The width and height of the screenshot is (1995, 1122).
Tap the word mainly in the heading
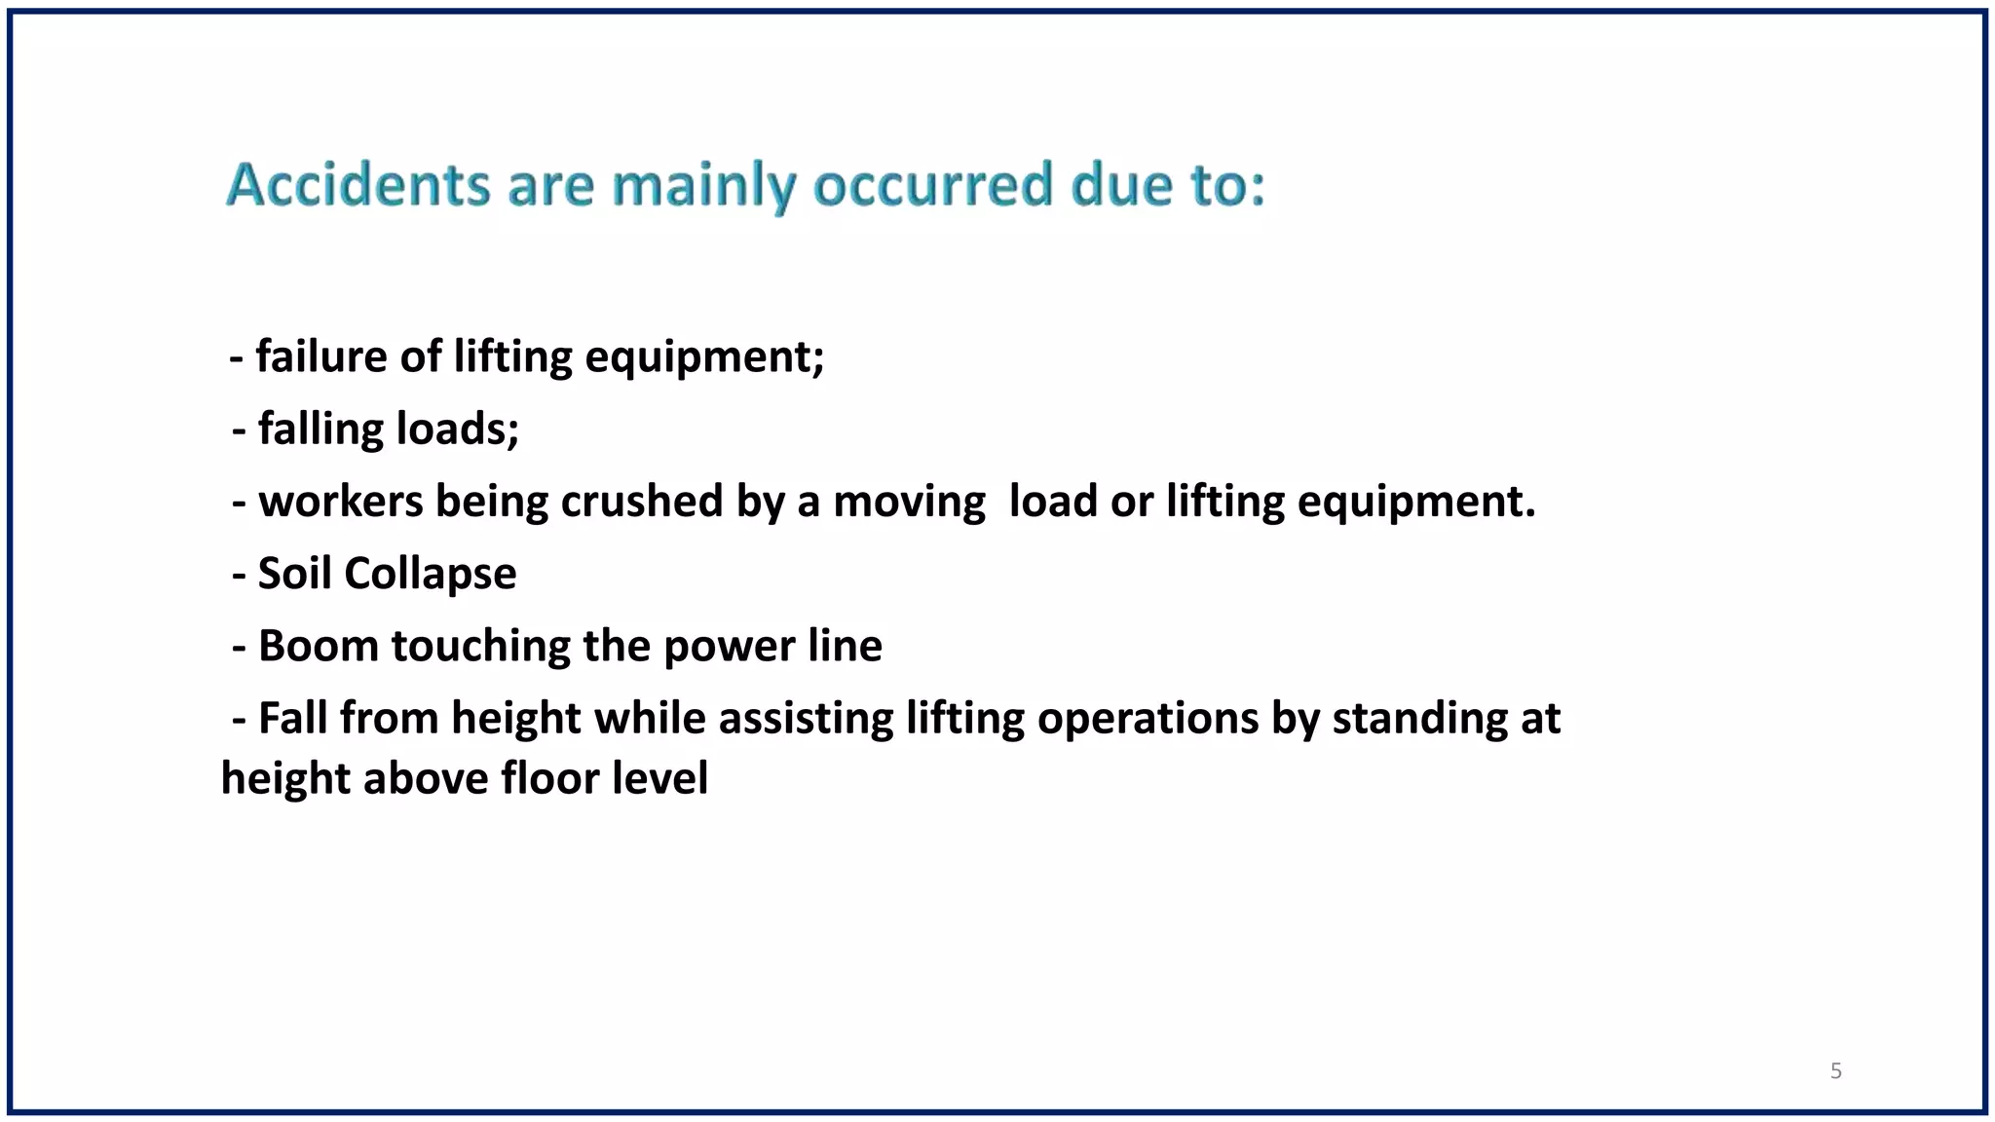[703, 186]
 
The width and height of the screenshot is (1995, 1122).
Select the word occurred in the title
[933, 184]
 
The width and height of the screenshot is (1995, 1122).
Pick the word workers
[341, 502]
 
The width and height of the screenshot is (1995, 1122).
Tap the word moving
[909, 502]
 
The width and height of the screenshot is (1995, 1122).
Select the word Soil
[294, 574]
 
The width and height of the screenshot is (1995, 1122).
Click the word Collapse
[430, 575]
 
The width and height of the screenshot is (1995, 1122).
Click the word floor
[544, 778]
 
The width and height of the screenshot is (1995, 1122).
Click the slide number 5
[1836, 1071]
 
